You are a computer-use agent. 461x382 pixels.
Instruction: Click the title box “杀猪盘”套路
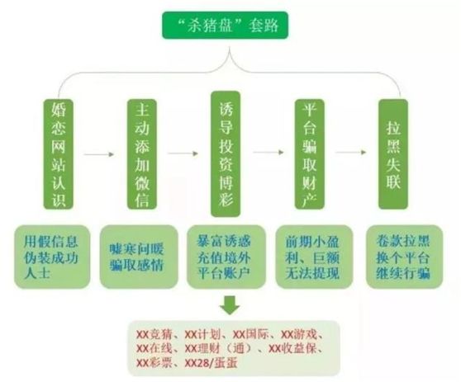[x=226, y=26]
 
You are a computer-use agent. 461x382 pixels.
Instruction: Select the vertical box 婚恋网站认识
[x=59, y=154]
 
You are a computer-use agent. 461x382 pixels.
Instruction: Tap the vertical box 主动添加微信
[x=142, y=154]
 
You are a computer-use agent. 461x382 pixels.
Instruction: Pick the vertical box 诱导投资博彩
[x=226, y=153]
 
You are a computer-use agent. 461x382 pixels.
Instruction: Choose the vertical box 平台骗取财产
[x=310, y=154]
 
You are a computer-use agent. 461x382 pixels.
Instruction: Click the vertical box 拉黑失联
[x=393, y=154]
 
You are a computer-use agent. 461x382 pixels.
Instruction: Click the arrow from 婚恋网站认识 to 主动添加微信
[x=99, y=154]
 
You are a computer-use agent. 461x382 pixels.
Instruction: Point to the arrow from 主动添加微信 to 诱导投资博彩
[x=183, y=153]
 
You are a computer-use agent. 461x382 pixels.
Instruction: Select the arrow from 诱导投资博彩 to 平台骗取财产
[x=269, y=152]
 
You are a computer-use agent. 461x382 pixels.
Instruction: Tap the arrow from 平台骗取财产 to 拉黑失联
[x=351, y=152]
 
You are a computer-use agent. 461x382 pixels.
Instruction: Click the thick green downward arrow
[x=230, y=305]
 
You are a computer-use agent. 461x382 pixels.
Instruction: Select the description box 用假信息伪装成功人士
[x=52, y=257]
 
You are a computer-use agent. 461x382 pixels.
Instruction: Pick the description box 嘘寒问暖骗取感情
[x=139, y=257]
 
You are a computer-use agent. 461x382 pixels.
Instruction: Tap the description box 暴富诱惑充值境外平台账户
[x=226, y=257]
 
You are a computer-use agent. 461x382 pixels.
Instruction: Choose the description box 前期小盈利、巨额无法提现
[x=314, y=257]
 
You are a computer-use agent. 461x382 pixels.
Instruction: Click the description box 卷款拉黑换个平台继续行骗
[x=404, y=257]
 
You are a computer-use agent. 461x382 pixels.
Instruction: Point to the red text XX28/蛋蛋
[x=211, y=363]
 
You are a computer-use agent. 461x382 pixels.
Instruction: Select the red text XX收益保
[x=292, y=348]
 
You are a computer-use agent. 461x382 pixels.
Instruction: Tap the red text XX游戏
[x=299, y=334]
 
